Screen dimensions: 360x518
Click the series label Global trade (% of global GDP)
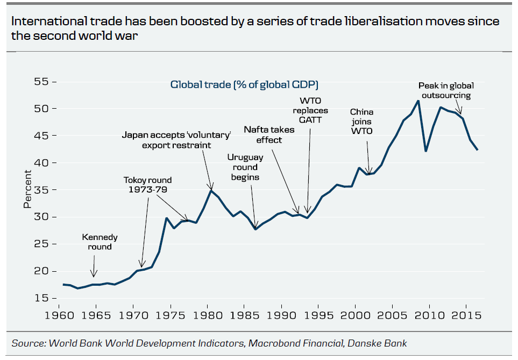(245, 84)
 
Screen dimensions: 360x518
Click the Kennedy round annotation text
(100, 242)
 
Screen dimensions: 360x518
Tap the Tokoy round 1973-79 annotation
(147, 185)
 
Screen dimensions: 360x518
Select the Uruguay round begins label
(245, 167)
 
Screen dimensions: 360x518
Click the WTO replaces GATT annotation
(310, 110)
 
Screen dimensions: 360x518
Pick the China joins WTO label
(361, 121)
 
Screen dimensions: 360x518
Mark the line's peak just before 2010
(418, 101)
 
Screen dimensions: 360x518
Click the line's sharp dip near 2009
(426, 151)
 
